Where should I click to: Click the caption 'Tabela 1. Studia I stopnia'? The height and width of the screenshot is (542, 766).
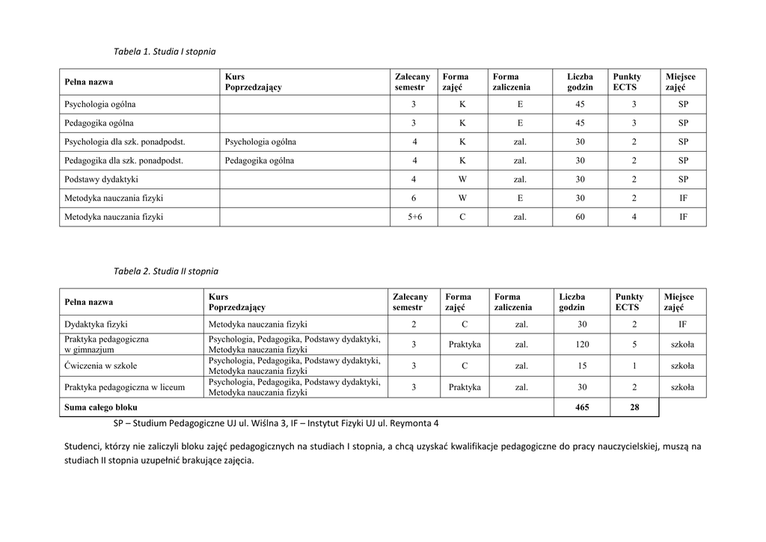pyautogui.click(x=165, y=52)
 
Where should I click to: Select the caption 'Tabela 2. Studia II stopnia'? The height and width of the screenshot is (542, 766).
pyautogui.click(x=166, y=271)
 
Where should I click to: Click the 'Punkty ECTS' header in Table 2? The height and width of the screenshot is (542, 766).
pyautogui.click(x=629, y=302)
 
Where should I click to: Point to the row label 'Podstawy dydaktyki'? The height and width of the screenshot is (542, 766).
pyautogui.click(x=101, y=179)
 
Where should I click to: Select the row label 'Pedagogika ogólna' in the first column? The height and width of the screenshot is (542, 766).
pyautogui.click(x=99, y=123)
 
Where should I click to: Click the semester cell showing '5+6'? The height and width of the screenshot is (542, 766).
pyautogui.click(x=414, y=217)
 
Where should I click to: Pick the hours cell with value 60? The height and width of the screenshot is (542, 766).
pyautogui.click(x=580, y=217)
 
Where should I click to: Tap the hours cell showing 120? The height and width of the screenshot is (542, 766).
pyautogui.click(x=582, y=345)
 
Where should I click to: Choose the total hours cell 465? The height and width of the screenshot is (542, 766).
pyautogui.click(x=582, y=407)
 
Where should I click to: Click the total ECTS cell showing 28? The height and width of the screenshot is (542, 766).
pyautogui.click(x=634, y=407)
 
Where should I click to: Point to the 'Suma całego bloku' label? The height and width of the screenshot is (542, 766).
pyautogui.click(x=101, y=407)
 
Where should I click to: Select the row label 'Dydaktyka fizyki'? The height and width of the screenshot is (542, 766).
pyautogui.click(x=96, y=324)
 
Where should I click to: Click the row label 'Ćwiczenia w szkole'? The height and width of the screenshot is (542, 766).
pyautogui.click(x=101, y=366)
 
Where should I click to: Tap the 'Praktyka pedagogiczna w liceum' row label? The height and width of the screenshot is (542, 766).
pyautogui.click(x=125, y=387)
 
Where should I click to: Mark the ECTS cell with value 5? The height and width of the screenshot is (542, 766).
pyautogui.click(x=634, y=345)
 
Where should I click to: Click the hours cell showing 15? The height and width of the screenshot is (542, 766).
pyautogui.click(x=582, y=366)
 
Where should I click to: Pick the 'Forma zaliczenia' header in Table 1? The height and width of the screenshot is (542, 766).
pyautogui.click(x=511, y=81)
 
